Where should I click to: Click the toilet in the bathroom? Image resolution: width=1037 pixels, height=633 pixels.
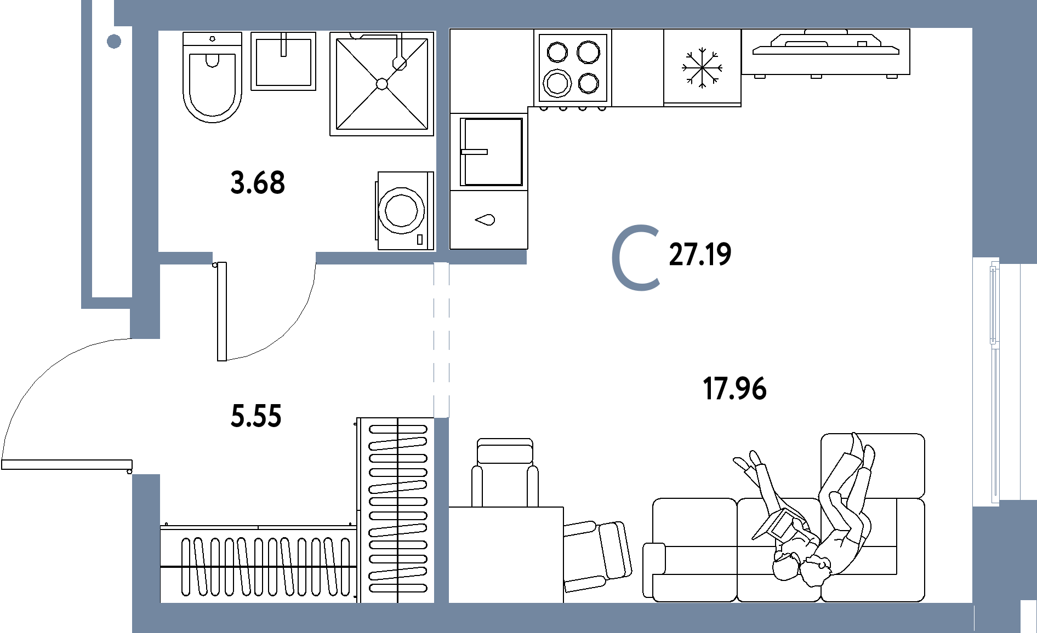(x=212, y=77)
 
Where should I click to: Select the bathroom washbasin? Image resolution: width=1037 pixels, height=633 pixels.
(x=283, y=61)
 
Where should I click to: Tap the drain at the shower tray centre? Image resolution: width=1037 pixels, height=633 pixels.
(x=382, y=84)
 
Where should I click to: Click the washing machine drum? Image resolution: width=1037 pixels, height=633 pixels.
(x=402, y=210)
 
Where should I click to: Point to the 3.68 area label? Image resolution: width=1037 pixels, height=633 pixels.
(x=258, y=183)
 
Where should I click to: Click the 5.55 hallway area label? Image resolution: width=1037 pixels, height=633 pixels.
(x=256, y=416)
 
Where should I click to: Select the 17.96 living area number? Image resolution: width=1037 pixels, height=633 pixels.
(x=734, y=389)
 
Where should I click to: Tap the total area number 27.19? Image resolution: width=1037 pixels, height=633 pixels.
(x=700, y=255)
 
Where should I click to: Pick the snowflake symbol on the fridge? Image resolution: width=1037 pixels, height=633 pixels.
(x=702, y=68)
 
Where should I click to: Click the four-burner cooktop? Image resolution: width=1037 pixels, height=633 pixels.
(x=573, y=68)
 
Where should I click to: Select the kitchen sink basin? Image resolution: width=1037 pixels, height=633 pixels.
(x=492, y=152)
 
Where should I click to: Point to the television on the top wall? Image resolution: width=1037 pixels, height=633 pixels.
(x=825, y=53)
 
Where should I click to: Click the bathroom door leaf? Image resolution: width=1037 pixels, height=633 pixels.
(x=222, y=312)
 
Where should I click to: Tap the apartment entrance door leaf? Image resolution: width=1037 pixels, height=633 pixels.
(x=67, y=464)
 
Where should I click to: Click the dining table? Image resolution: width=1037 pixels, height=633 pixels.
(x=506, y=555)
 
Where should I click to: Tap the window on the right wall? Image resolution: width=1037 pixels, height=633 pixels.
(x=994, y=382)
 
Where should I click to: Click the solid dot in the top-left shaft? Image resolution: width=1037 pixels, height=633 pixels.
(x=114, y=41)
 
